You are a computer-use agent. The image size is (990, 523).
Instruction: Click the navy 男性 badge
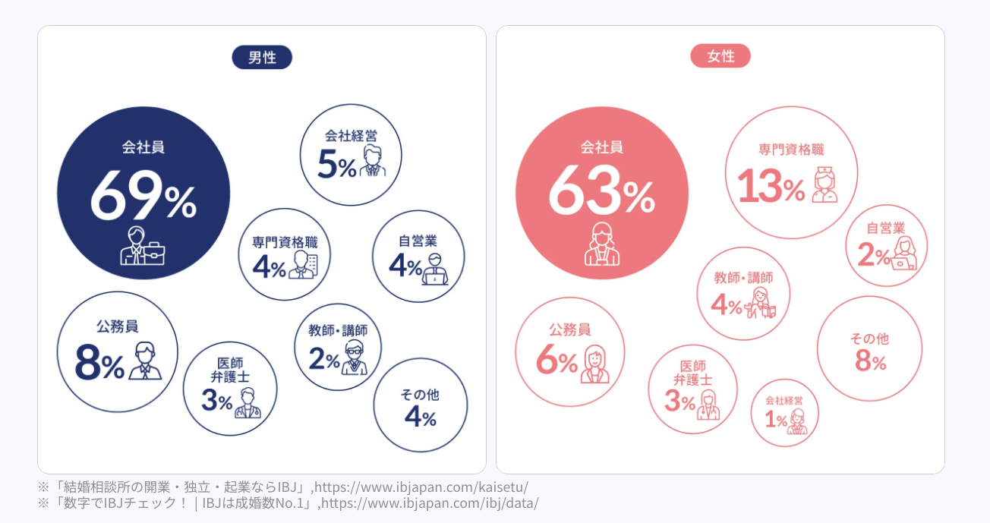point(262,57)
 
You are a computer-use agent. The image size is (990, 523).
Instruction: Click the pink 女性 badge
point(720,56)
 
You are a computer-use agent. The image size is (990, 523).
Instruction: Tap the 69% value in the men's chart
point(143,196)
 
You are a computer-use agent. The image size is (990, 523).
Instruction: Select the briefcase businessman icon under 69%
point(142,246)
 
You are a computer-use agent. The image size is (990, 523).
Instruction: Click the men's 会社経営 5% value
point(336,164)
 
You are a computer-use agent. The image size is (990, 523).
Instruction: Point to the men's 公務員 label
point(117,326)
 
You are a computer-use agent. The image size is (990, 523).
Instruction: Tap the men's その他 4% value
point(420,416)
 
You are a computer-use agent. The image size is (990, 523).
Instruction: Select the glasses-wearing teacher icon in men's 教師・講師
point(354,358)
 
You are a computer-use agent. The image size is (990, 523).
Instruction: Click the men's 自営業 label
point(418,241)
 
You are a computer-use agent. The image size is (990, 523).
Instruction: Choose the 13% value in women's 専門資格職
point(770,185)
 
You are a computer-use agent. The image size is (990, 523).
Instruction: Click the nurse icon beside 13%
point(824,184)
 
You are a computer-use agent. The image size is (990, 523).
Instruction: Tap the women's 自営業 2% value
point(873,256)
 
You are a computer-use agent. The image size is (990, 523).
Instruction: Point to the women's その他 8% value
point(870,361)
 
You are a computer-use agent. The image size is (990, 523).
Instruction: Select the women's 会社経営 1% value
point(775,420)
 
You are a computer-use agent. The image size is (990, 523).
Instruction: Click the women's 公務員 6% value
point(556,362)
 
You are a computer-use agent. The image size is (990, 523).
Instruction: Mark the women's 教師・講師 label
point(743,278)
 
